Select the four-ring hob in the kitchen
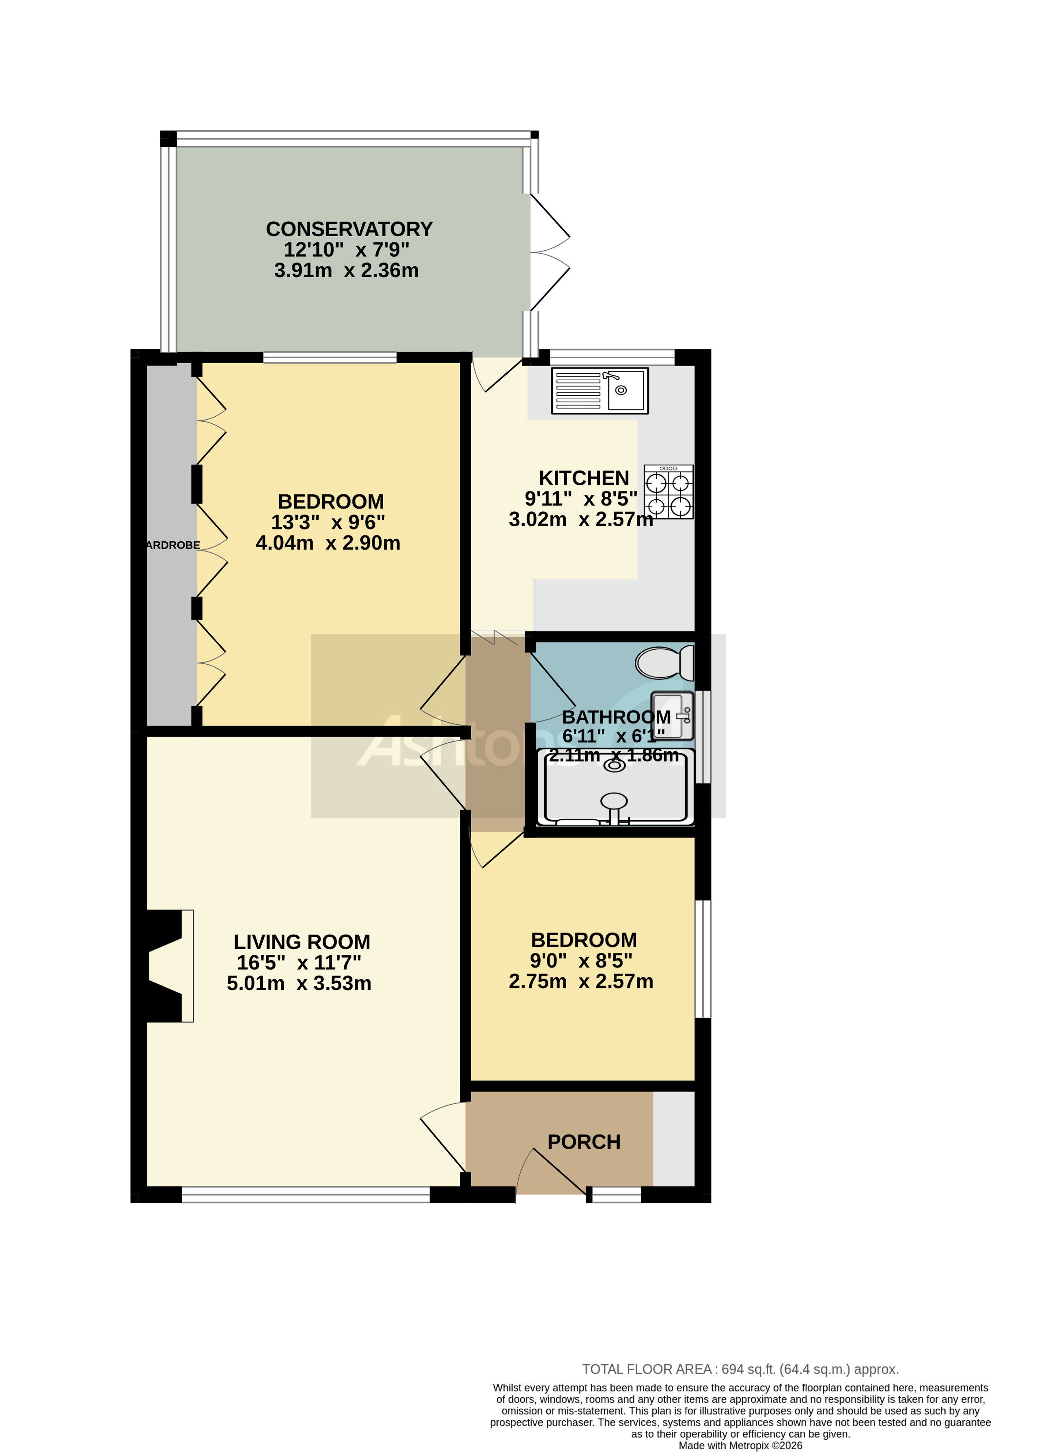click(x=668, y=492)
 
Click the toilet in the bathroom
click(x=664, y=663)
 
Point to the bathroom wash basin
click(x=672, y=716)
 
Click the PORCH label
click(x=584, y=1142)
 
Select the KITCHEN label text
click(x=584, y=478)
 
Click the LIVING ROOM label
click(x=302, y=942)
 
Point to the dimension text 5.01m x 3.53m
click(x=299, y=983)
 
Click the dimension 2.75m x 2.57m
click(x=580, y=981)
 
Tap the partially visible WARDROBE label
click(x=172, y=545)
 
